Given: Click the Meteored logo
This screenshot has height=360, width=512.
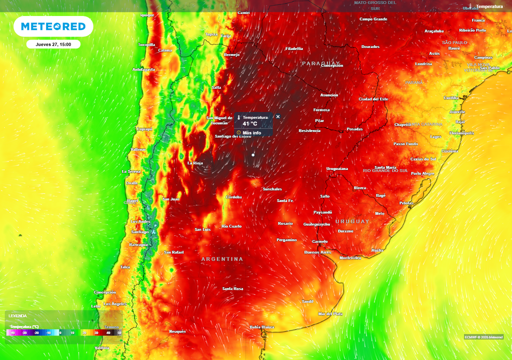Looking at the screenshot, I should click(x=53, y=26).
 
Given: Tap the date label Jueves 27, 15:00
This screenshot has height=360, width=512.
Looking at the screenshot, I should click(x=53, y=44).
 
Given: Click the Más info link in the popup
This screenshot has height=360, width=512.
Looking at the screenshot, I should click(x=251, y=132).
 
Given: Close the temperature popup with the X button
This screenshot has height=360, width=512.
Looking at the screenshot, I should click(x=278, y=116).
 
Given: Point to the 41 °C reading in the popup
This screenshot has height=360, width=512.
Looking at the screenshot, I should click(x=250, y=123).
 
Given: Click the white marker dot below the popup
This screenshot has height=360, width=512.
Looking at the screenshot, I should click(x=253, y=155).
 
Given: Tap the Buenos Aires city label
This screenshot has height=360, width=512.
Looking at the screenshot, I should click(x=317, y=252).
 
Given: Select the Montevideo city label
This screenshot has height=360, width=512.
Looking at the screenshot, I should click(x=350, y=258).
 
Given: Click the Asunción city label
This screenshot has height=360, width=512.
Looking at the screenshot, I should click(x=329, y=95).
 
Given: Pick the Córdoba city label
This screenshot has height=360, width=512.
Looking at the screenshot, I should click(x=233, y=197).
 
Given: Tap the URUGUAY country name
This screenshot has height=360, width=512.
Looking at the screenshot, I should click(x=352, y=221).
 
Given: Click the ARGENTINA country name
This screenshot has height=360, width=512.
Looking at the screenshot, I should click(x=222, y=259).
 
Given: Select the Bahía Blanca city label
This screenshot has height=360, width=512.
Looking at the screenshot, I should click(x=262, y=327).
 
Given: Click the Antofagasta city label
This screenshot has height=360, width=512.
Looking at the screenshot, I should click(x=143, y=69).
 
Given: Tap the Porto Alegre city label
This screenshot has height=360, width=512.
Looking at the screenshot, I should click(x=422, y=173).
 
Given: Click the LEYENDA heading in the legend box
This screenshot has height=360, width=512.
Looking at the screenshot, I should click(x=17, y=316).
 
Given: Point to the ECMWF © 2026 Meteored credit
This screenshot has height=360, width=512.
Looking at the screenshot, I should click(x=483, y=336).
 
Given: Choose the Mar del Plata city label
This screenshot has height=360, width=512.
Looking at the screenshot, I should click(x=330, y=313).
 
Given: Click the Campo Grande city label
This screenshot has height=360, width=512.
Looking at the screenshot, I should click(x=373, y=19).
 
